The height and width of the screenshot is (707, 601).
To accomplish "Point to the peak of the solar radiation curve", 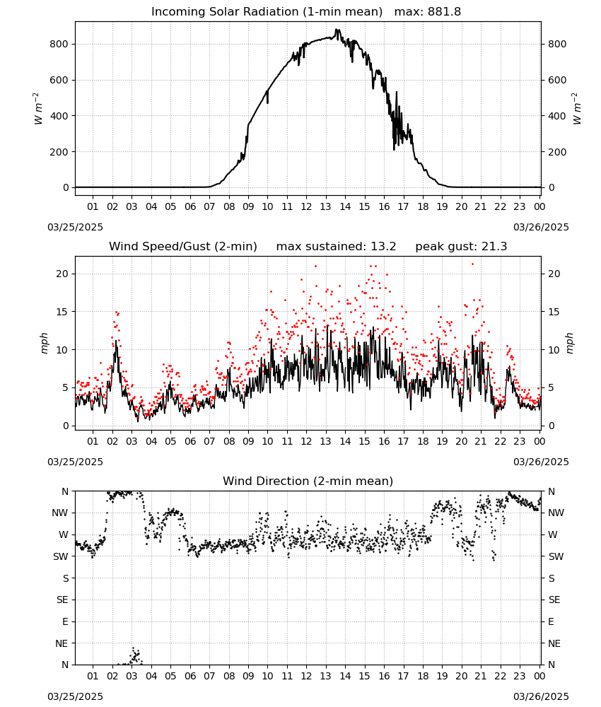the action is coord(336,30).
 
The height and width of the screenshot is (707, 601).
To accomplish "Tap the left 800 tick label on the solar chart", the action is coord(59,44).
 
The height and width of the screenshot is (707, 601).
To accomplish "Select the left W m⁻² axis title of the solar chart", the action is coord(38,109).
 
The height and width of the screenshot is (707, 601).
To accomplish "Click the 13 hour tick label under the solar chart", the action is coord(325,207).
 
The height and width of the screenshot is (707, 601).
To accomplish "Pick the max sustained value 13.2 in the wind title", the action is coord(383,247).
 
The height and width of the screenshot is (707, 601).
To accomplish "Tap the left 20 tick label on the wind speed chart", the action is coord(63,274).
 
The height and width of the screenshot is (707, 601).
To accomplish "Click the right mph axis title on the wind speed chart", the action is coord(569,343).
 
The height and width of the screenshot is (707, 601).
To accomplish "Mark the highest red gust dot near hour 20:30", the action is coord(472,264).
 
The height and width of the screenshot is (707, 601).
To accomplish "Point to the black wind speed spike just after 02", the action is coord(116,341).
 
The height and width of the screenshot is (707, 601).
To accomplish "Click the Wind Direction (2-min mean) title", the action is coord(308,481).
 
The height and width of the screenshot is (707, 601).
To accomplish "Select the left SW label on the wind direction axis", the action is coord(61,557).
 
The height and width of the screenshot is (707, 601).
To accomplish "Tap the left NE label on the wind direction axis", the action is coord(62,643).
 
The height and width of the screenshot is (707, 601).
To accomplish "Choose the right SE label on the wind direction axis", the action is coord(554,600).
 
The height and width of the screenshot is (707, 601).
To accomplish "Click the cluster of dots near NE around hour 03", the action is coord(135,656).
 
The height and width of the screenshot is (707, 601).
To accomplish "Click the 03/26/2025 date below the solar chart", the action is coord(541,227).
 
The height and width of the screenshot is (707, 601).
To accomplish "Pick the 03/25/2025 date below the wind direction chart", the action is coord(75,696).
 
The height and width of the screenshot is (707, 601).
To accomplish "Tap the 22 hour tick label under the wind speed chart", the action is coord(500,441).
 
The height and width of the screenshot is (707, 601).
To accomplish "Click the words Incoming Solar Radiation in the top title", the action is coord(225,12).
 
